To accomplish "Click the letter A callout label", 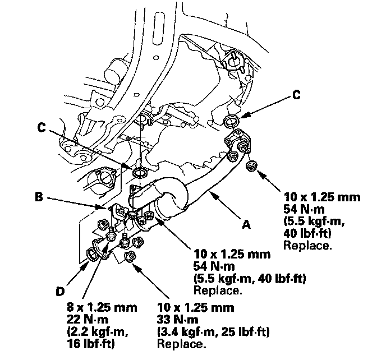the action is coord(246,224).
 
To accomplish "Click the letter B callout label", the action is coord(39,197).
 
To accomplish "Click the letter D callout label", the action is coord(60,292).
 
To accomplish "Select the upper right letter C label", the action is coord(296,95).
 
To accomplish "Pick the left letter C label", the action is coord(42,127).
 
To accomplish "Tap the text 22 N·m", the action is coord(88,320).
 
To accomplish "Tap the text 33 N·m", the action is coord(177,320).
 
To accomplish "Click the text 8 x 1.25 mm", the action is coord(102,308).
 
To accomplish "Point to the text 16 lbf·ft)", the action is coord(90,344).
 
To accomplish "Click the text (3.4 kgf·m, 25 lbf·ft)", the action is coord(213,332).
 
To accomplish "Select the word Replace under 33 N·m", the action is coord(181,344).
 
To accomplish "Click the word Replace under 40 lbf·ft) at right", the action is coord(307,246).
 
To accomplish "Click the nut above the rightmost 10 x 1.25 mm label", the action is coord(251,167).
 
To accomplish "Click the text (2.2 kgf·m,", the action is coord(98,332).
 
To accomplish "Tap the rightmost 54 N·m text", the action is coord(304,209).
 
